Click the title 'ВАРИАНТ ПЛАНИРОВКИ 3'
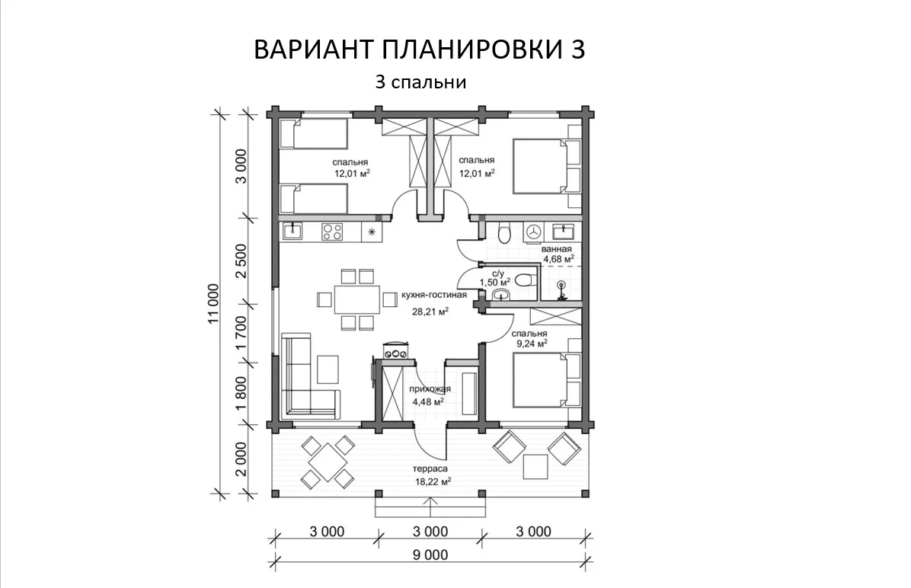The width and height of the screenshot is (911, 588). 420,50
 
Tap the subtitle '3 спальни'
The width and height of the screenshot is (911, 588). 420,82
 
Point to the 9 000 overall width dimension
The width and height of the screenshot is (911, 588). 430,555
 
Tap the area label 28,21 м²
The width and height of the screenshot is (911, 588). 430,312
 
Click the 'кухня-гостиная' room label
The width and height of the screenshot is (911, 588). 434,295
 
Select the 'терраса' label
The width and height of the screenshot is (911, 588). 430,468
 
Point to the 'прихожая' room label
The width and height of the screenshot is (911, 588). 430,389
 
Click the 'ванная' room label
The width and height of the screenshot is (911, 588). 556,248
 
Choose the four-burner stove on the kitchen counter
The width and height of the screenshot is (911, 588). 332,232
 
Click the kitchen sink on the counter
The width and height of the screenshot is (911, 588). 292,232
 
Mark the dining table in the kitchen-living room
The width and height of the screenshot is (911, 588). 356,299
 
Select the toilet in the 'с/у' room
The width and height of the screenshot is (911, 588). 525,280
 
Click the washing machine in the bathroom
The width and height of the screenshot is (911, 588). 532,232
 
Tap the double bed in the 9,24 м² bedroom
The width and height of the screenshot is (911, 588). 540,382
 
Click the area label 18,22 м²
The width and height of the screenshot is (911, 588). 433,481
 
